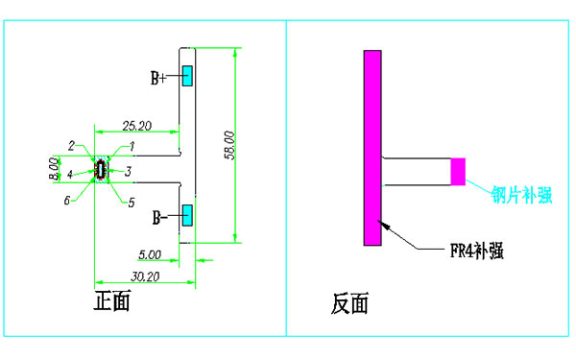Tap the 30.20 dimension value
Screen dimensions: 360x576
(x=146, y=275)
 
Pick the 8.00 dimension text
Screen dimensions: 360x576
(x=54, y=170)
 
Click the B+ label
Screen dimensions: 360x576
(x=159, y=77)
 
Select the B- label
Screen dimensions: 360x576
(x=159, y=219)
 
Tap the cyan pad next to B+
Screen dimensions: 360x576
(x=188, y=75)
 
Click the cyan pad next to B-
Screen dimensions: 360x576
(x=188, y=214)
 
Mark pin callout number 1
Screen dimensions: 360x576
(x=132, y=146)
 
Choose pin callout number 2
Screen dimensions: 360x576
(x=72, y=146)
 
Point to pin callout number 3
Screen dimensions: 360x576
(x=128, y=171)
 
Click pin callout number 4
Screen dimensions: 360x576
(x=69, y=175)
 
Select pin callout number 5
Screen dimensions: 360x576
(x=131, y=201)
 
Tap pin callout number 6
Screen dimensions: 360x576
(x=67, y=200)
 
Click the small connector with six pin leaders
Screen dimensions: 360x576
(x=100, y=171)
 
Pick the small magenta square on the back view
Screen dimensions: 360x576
(x=458, y=171)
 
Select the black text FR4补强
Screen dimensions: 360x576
(x=477, y=252)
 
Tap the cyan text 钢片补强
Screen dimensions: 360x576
(x=521, y=196)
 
